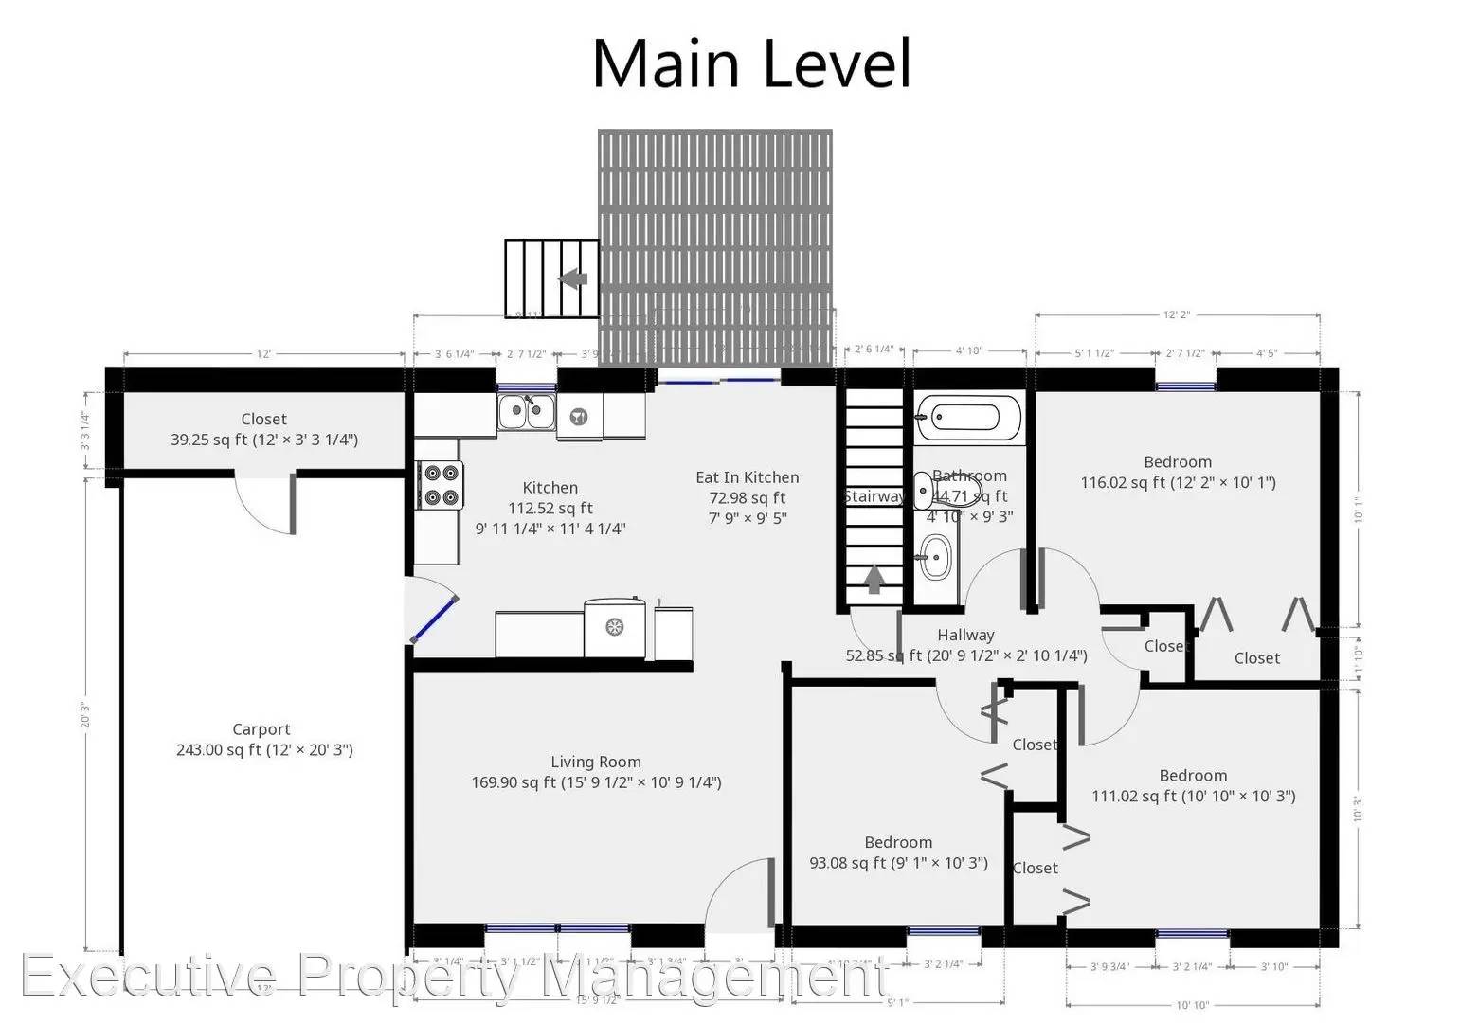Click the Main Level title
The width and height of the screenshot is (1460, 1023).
751,63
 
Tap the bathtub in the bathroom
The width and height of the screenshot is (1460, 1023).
967,418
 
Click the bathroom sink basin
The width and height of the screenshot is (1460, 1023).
936,556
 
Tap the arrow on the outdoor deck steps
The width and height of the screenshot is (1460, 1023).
572,279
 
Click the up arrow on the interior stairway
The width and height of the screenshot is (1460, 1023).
874,579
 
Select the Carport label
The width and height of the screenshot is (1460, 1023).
261,729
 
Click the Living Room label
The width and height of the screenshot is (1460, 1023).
596,762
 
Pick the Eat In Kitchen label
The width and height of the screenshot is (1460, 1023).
747,477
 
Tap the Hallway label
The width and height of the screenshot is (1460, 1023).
965,635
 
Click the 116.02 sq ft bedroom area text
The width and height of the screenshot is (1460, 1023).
1178,483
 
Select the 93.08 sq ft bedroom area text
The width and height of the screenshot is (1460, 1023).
898,863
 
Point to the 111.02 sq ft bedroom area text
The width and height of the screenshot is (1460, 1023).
1193,796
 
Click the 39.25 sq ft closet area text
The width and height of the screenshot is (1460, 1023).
263,440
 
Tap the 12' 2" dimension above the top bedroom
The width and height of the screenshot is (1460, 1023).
1177,314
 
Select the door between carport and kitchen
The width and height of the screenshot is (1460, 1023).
432,612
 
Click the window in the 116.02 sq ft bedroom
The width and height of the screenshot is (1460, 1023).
1185,386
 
